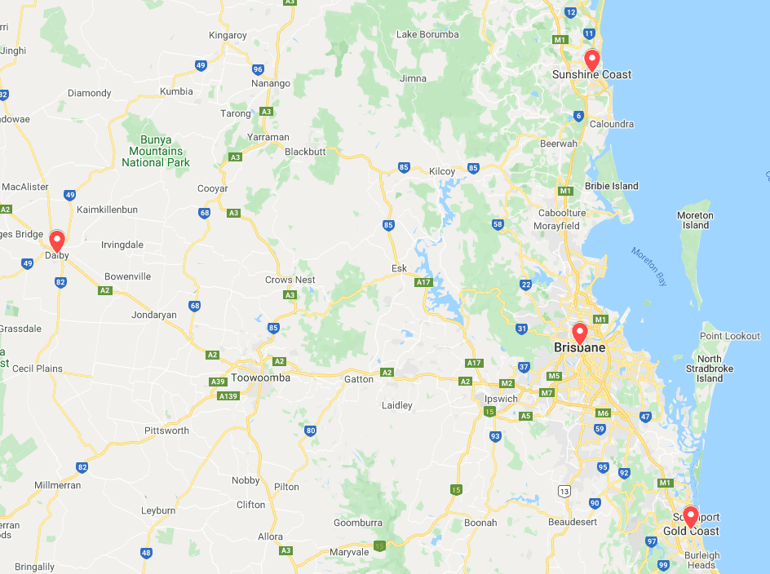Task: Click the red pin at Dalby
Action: [x=57, y=241]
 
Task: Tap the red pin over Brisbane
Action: [x=579, y=333]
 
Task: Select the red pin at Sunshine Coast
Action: [x=592, y=60]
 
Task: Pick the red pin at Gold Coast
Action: [x=690, y=516]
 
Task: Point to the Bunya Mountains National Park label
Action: [x=155, y=151]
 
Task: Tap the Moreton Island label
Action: [x=695, y=220]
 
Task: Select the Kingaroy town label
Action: [x=228, y=35]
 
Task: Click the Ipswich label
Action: [x=501, y=399]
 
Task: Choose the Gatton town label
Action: [x=358, y=379]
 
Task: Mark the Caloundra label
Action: [x=612, y=124]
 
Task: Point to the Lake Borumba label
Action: [x=427, y=34]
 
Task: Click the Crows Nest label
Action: [x=290, y=280]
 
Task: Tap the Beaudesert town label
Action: [x=573, y=521]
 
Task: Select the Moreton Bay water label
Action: [x=649, y=266]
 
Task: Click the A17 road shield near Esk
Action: [x=423, y=283]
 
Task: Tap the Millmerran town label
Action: [x=58, y=485]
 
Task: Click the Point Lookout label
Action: [x=730, y=336]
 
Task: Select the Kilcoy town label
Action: [x=441, y=171]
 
